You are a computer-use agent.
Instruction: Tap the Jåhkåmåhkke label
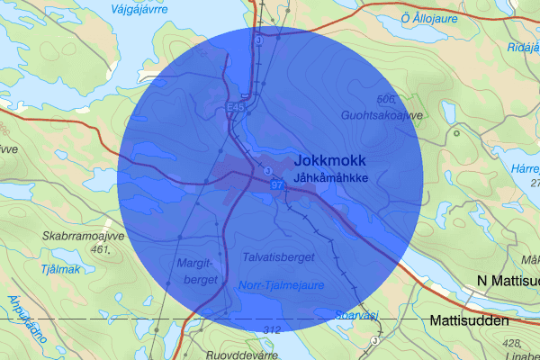331,177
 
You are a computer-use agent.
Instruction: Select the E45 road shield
236,108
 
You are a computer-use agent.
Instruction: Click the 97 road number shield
276,184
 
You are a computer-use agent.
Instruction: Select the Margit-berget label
201,273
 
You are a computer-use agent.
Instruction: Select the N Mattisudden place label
508,282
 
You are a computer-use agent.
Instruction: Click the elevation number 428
513,343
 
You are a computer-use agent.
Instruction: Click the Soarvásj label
351,316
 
